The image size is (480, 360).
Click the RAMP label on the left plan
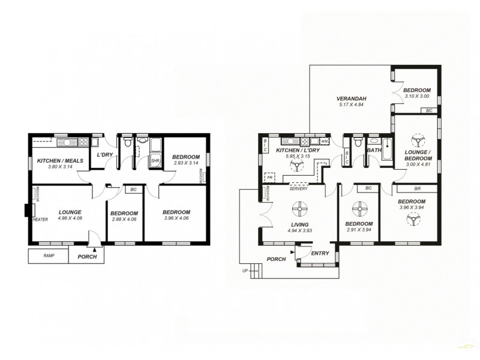coord(49,256)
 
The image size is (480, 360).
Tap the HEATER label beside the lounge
coord(40,220)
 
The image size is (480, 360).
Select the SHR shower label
coord(155,161)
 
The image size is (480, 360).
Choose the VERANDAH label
coord(352,99)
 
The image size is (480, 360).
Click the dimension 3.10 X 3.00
coord(417,96)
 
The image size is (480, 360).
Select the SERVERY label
coord(298,189)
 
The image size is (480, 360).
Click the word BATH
coord(374,151)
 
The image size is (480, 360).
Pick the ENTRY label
coord(320,254)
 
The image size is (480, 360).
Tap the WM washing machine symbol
coord(325,142)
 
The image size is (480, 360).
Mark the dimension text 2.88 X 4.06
coord(125,219)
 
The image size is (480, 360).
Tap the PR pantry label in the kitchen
coord(271,178)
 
